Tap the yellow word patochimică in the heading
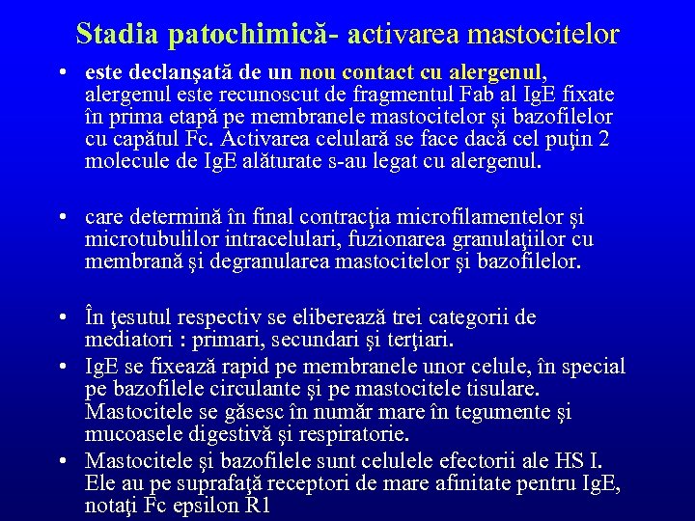(246, 35)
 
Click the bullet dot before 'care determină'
(61, 217)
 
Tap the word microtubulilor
(151, 238)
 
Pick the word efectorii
(479, 458)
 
